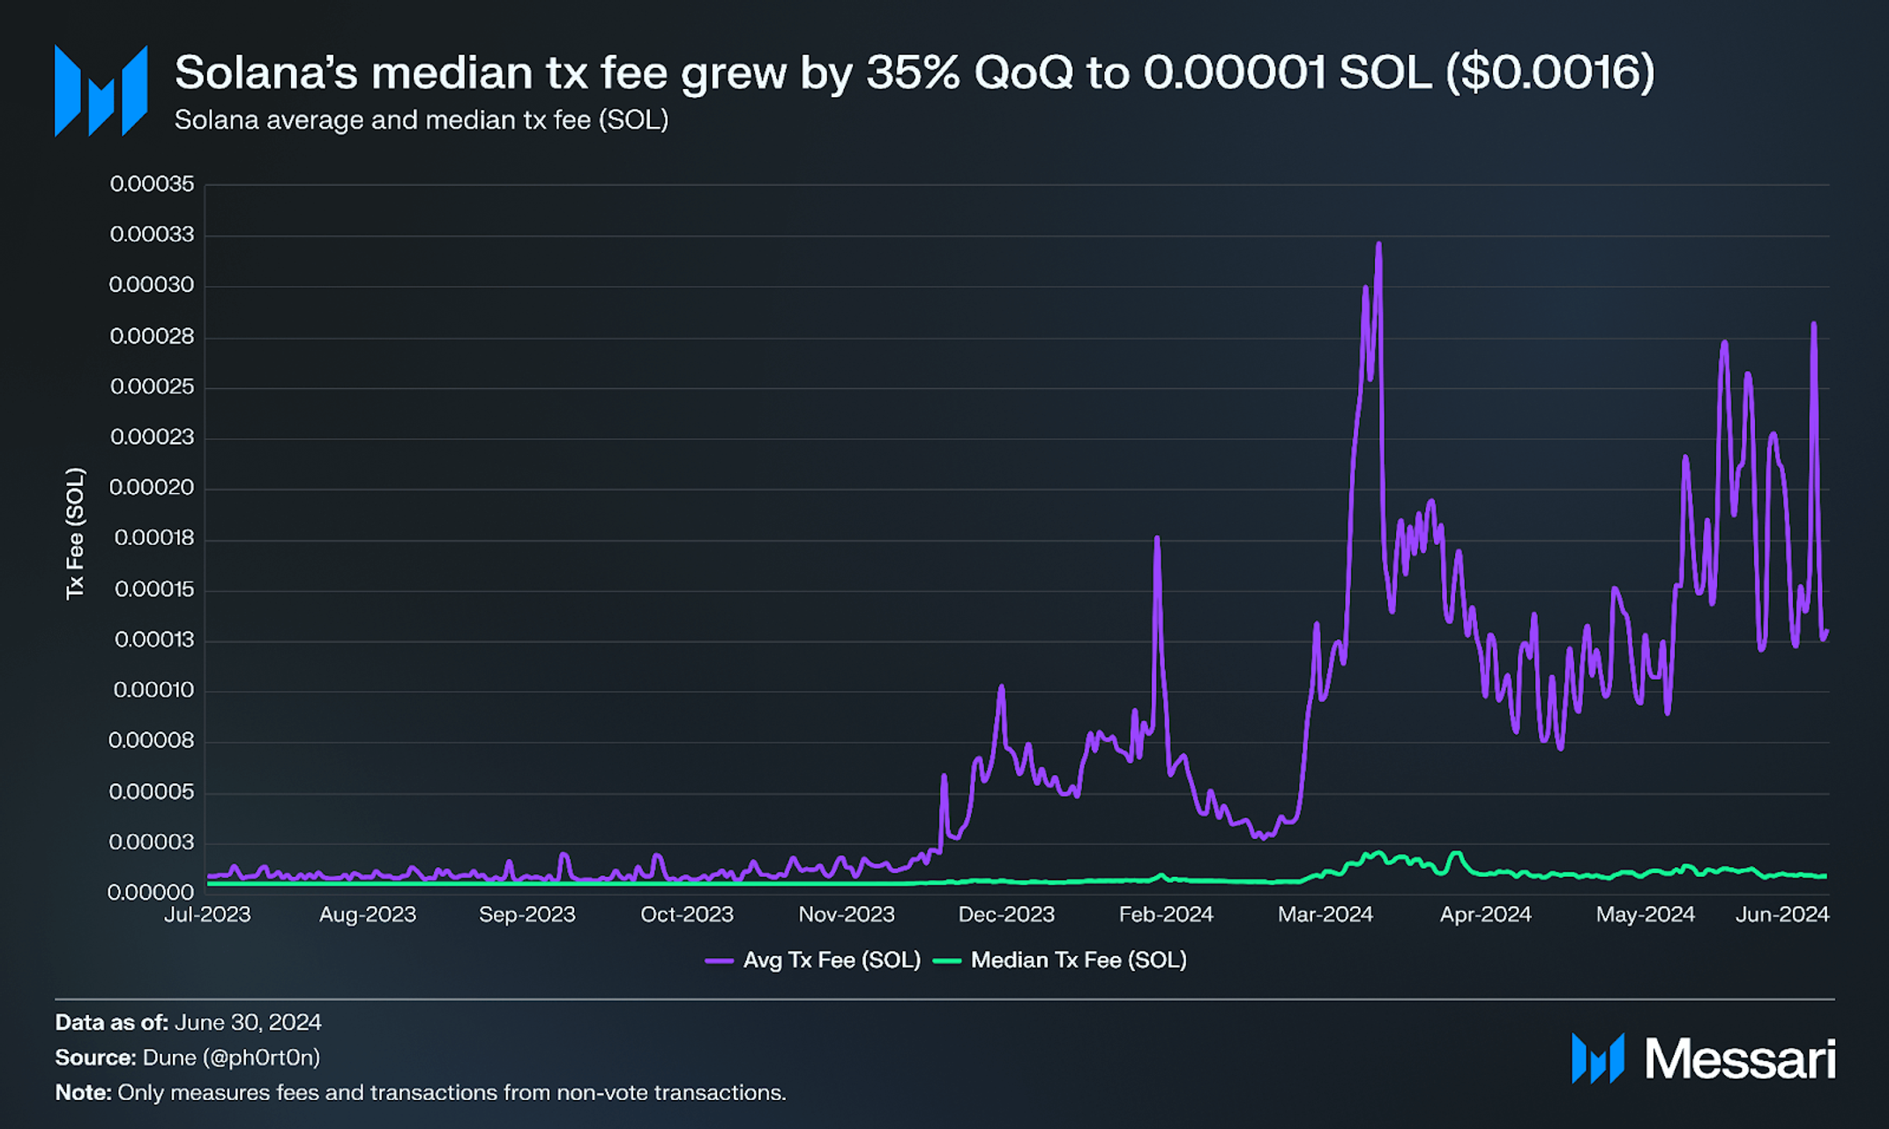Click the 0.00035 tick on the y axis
[152, 184]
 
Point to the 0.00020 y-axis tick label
[152, 488]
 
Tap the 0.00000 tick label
[151, 893]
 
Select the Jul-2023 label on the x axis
[207, 915]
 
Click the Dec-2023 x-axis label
[1006, 915]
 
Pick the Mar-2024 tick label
[1325, 915]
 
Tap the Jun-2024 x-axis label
[1782, 915]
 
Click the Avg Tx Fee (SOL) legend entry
[813, 961]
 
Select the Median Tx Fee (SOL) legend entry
[1060, 961]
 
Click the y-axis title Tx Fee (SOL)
[76, 534]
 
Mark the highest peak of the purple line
[1378, 244]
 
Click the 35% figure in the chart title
[912, 72]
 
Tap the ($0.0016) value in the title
[1549, 72]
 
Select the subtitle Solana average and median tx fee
[421, 120]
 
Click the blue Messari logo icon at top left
[101, 91]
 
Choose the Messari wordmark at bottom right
[1739, 1058]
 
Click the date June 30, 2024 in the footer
[248, 1022]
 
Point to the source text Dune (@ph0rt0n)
[231, 1058]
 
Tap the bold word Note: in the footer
[83, 1093]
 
